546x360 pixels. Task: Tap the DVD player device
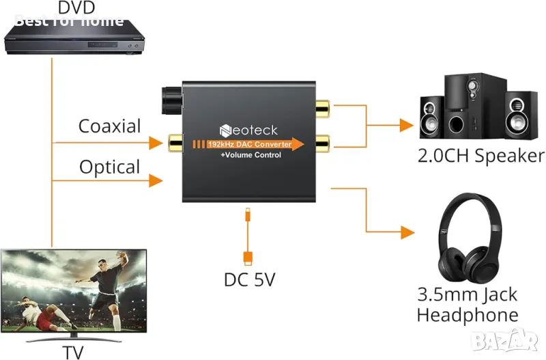click(x=76, y=38)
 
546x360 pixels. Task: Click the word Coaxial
click(x=109, y=126)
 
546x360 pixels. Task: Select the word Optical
click(x=109, y=167)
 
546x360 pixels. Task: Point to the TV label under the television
click(x=74, y=352)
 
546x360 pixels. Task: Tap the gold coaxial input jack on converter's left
click(x=176, y=143)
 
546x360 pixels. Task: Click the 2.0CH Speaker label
click(x=481, y=156)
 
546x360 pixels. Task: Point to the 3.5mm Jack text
click(x=468, y=295)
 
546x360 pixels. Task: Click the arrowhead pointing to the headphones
click(x=407, y=232)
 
